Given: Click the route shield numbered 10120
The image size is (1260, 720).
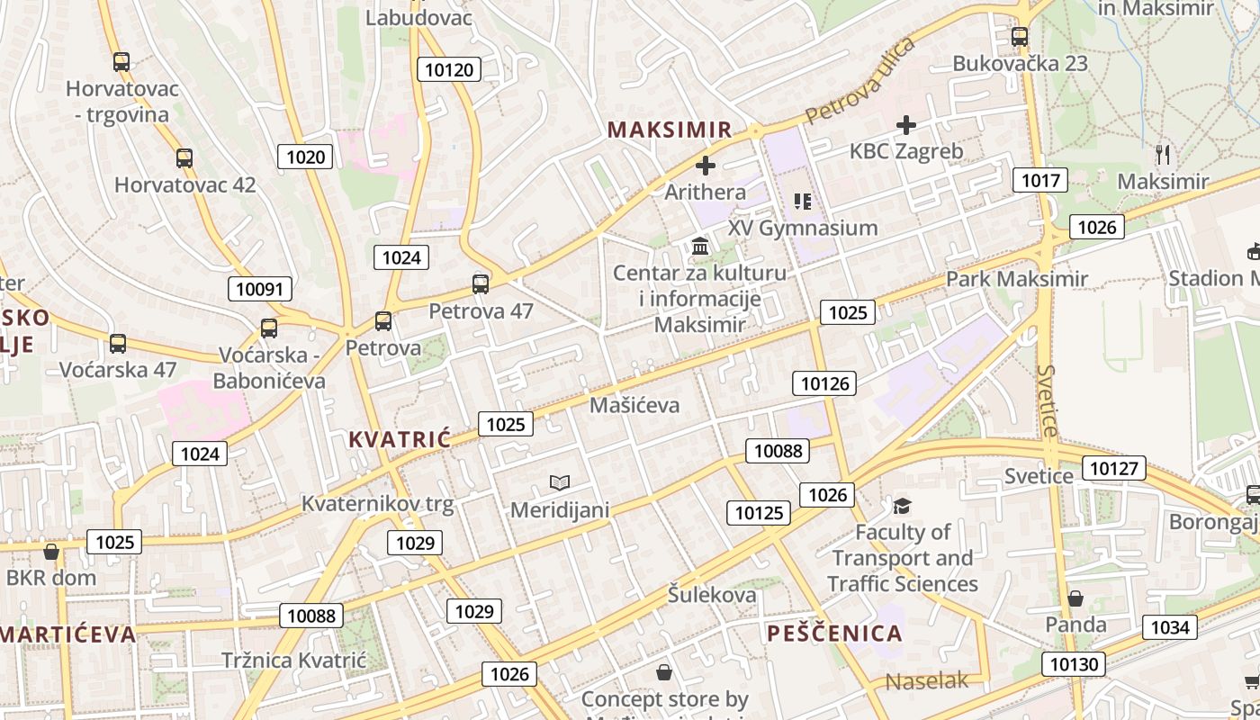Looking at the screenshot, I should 449,69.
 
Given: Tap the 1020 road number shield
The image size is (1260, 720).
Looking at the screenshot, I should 305,157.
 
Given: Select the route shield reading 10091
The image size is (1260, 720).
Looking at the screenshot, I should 259,289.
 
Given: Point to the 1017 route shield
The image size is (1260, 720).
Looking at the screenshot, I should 1040,180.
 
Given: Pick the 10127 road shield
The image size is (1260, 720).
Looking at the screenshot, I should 1115,468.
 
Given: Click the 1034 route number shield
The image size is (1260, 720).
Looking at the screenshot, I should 1170,627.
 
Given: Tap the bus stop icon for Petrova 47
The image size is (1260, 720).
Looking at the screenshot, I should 481,284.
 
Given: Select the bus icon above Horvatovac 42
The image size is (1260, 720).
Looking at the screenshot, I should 184,158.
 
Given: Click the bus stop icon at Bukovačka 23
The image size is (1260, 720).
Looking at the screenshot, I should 1019,37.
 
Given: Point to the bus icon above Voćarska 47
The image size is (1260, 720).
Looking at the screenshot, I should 118,343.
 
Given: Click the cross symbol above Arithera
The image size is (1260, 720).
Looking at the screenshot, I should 706,166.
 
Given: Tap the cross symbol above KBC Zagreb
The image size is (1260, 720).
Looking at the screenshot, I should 906,125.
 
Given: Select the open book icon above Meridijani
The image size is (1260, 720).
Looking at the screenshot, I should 560,483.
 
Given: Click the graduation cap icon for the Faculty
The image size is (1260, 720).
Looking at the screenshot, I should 902,506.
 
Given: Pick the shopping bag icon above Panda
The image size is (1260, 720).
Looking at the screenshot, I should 1075,598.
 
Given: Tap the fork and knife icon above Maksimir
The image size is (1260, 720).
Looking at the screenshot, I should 1163,155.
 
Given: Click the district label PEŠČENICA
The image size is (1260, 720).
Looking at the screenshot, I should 834,633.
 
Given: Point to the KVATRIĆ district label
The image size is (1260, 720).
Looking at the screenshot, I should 399,439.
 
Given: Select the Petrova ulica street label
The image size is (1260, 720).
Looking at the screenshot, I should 859,82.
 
